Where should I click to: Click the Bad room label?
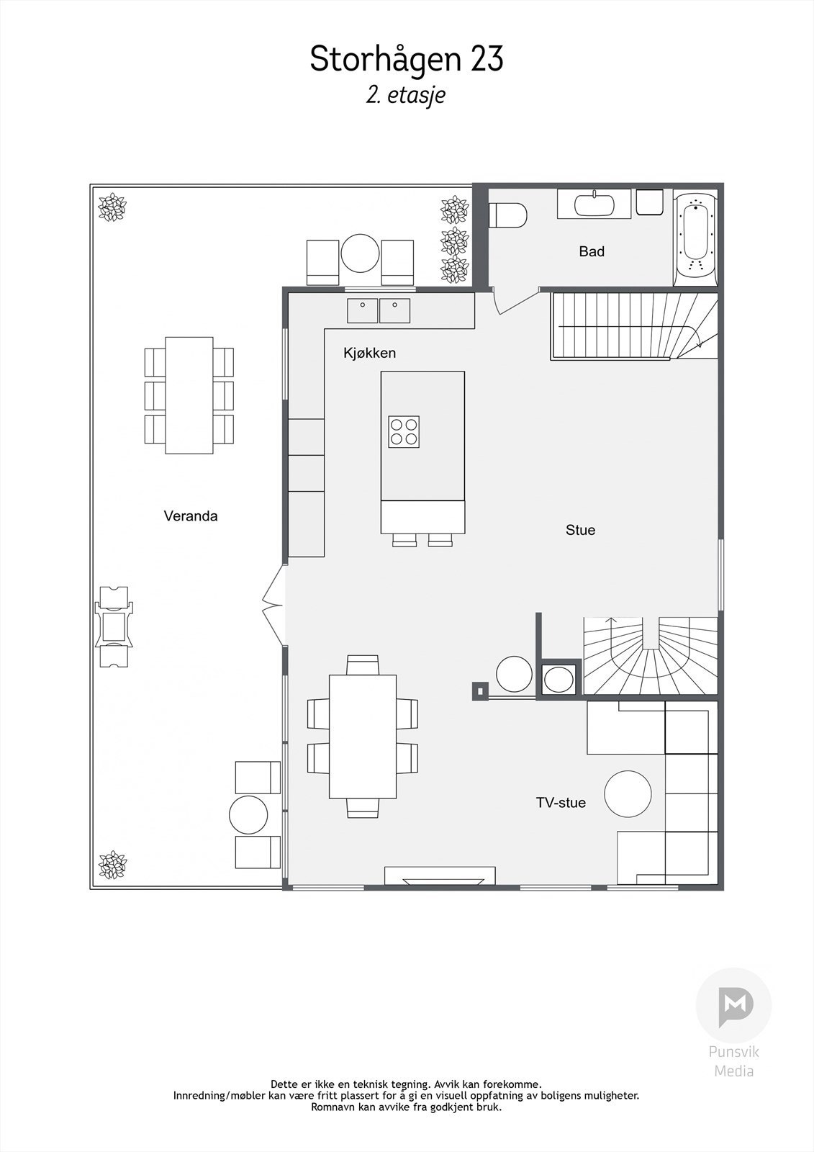(592, 251)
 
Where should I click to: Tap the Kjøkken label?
(369, 353)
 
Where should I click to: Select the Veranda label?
(191, 516)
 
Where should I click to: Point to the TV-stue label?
(561, 802)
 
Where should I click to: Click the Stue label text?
(581, 530)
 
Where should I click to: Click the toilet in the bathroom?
(507, 215)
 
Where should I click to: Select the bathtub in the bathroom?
(695, 239)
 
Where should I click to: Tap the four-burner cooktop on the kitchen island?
(404, 431)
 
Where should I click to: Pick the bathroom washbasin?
(594, 204)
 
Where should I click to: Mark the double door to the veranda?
(273, 606)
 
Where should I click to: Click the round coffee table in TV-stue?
(628, 793)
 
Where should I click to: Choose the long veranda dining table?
(189, 395)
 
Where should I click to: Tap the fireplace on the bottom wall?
(440, 876)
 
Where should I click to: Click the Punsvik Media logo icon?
(734, 1005)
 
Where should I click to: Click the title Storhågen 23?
(406, 58)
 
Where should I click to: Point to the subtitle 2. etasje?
(406, 96)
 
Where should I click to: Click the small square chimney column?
(480, 691)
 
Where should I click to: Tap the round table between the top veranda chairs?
(360, 253)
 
